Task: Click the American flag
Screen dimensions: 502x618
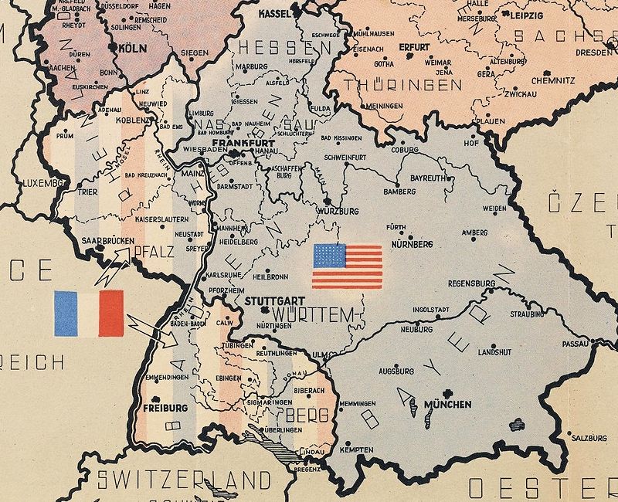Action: click(347, 266)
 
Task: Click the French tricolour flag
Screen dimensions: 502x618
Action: click(89, 314)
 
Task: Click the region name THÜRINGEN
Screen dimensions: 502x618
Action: click(392, 84)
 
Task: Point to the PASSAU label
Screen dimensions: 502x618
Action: click(576, 343)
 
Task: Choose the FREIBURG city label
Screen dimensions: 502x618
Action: click(165, 406)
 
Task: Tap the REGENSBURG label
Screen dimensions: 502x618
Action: click(470, 283)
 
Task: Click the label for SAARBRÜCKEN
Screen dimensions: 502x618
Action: click(107, 241)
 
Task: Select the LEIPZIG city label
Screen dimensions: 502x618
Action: click(525, 15)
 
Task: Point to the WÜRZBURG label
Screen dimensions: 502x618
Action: click(338, 210)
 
